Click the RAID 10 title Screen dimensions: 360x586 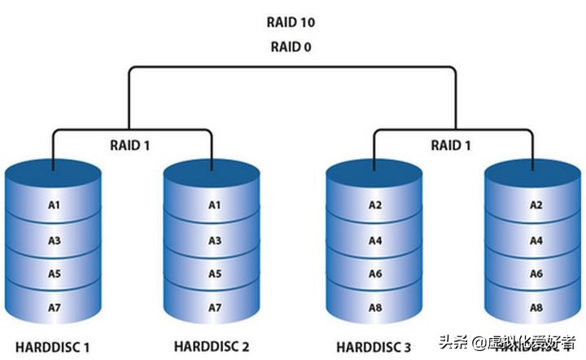tap(291, 22)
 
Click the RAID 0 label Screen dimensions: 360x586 tap(291, 46)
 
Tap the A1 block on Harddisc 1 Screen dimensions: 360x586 tap(54, 205)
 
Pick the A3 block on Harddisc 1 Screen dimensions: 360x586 tap(54, 240)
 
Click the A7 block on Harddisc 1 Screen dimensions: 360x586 tap(54, 307)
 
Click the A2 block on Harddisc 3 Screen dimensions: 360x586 tap(375, 205)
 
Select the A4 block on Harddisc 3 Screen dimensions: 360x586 tap(375, 240)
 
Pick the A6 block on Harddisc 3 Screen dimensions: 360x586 tap(375, 274)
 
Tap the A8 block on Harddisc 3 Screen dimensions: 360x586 tap(375, 308)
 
